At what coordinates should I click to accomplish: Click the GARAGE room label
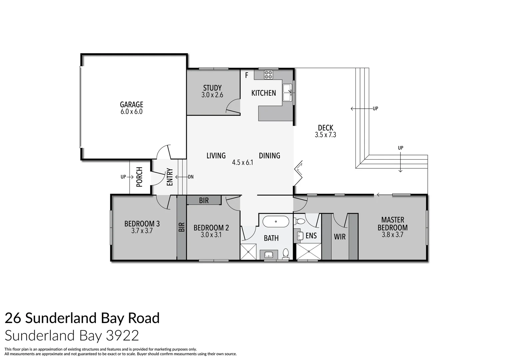click(131, 104)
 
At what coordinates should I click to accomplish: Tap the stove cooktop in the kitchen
click(268, 75)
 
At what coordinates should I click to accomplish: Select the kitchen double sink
click(287, 92)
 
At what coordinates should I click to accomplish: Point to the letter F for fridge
click(247, 75)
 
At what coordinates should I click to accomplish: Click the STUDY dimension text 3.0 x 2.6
click(212, 95)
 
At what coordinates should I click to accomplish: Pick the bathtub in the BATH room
click(276, 222)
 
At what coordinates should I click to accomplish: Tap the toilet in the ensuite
click(300, 221)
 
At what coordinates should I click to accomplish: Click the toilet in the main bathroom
click(285, 254)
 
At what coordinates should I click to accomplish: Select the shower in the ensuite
click(309, 252)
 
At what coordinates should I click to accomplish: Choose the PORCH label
click(140, 177)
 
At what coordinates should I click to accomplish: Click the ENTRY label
click(170, 177)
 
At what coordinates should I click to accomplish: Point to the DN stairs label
click(191, 177)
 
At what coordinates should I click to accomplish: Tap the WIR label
click(340, 237)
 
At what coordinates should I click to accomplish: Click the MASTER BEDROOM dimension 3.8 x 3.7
click(392, 235)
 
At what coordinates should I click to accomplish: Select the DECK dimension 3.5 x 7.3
click(325, 135)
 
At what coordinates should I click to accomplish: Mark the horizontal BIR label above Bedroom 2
click(204, 200)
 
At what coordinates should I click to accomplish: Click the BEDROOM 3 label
click(142, 224)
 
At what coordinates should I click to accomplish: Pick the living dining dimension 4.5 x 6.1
click(243, 163)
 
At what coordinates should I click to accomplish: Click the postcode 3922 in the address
click(122, 335)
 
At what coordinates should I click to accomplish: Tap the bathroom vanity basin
click(268, 255)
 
